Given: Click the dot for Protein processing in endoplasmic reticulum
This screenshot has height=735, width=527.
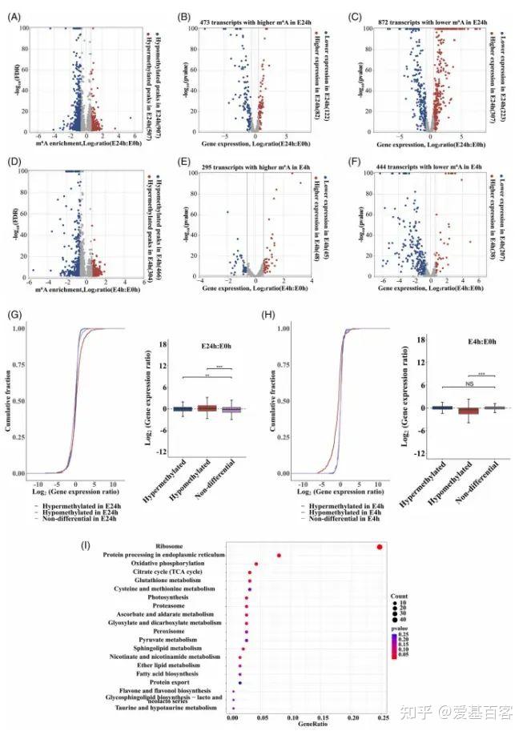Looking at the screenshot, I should pos(279,556).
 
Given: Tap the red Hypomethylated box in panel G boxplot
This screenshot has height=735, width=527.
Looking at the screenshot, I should pos(207,408).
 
